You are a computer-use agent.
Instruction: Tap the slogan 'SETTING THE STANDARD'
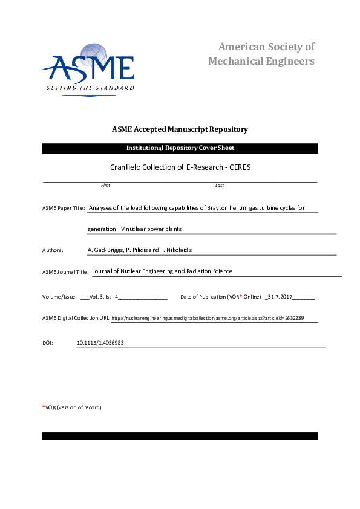90,88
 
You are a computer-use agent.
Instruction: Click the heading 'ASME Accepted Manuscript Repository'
180,129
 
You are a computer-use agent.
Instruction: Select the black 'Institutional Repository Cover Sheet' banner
180,148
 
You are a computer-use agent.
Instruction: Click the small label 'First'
105,185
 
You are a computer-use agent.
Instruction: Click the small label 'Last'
220,185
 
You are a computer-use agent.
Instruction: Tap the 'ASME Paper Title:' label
64,208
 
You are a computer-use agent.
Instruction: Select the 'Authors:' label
53,250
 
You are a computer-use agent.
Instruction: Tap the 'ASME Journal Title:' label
66,273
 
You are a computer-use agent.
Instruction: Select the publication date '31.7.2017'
280,297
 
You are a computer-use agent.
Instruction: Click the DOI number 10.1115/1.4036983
100,343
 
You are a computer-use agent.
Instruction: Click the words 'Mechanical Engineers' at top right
261,61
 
